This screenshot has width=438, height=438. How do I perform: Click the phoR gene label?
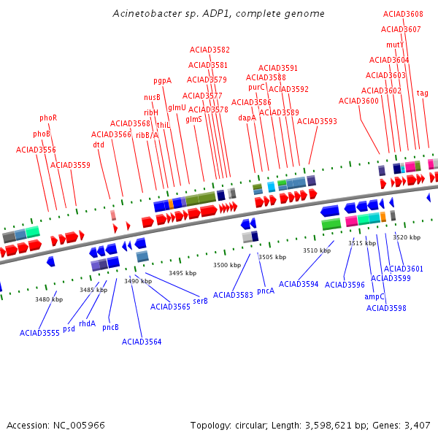[x=48, y=118]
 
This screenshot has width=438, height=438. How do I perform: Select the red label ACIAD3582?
[x=210, y=50]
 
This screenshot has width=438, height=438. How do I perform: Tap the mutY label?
[x=395, y=45]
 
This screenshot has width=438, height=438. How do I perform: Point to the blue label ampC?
[x=374, y=296]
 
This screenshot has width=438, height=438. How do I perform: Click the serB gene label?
[x=200, y=301]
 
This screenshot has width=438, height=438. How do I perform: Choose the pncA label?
[x=266, y=291]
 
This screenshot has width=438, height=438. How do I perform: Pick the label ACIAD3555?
[x=39, y=333]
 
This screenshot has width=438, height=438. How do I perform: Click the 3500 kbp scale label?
[x=227, y=265]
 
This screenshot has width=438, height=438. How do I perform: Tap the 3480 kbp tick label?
[x=49, y=299]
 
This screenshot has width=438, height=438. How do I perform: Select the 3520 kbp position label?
[x=407, y=237]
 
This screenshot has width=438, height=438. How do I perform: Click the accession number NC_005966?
[x=79, y=426]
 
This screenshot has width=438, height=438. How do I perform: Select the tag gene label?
[x=422, y=93]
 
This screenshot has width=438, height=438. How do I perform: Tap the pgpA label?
[x=162, y=81]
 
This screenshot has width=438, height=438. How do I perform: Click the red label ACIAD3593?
[x=317, y=121]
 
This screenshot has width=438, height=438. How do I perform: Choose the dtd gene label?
[x=99, y=145]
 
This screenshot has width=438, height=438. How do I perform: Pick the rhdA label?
[x=87, y=323]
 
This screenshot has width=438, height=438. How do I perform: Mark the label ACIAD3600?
[x=358, y=101]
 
